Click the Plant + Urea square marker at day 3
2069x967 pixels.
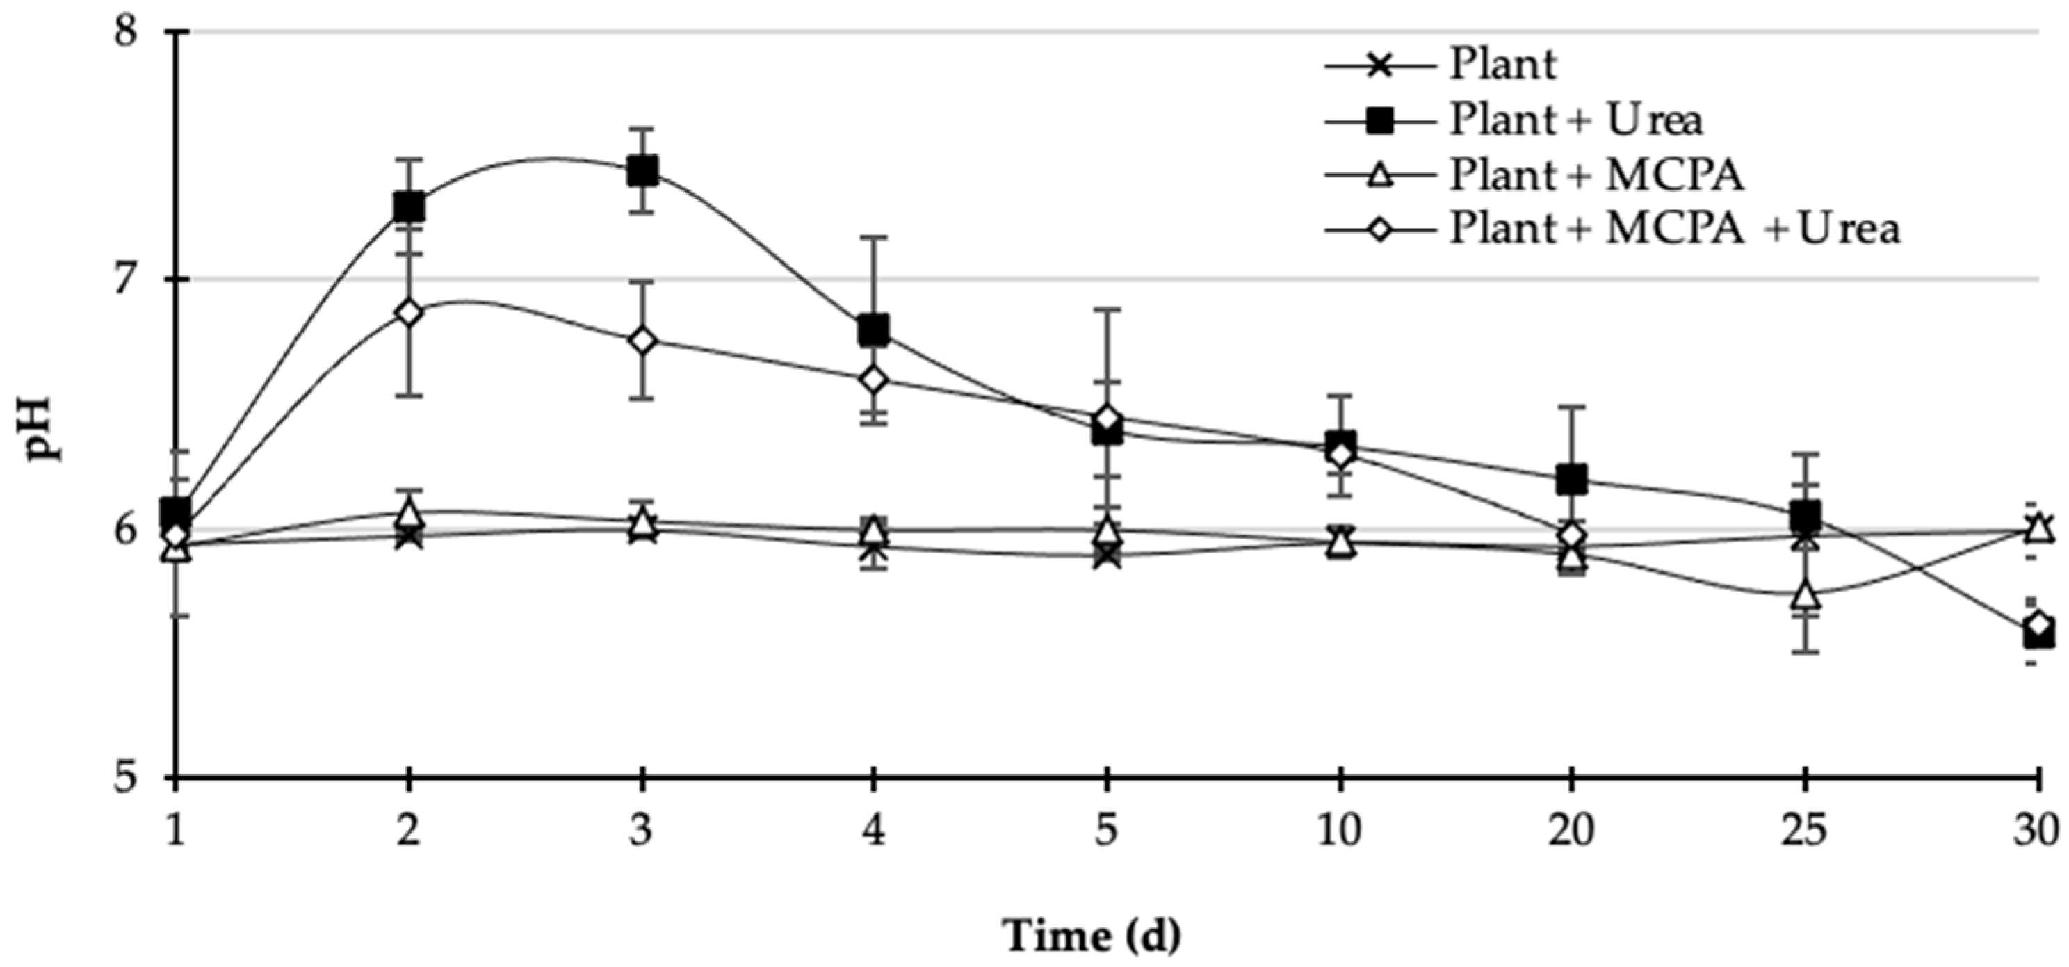[642, 171]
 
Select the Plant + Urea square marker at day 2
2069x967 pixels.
[409, 207]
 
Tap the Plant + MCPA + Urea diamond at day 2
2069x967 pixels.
[409, 312]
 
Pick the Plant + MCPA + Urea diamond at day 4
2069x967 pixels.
[873, 380]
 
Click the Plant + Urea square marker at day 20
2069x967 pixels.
[1572, 480]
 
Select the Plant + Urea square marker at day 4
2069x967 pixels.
[873, 330]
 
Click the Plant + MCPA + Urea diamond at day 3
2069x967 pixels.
[642, 341]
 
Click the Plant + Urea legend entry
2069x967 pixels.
[1574, 120]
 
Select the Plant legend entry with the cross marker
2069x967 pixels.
[1502, 64]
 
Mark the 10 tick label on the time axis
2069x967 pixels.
[1340, 832]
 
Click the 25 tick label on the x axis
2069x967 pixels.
[1804, 832]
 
